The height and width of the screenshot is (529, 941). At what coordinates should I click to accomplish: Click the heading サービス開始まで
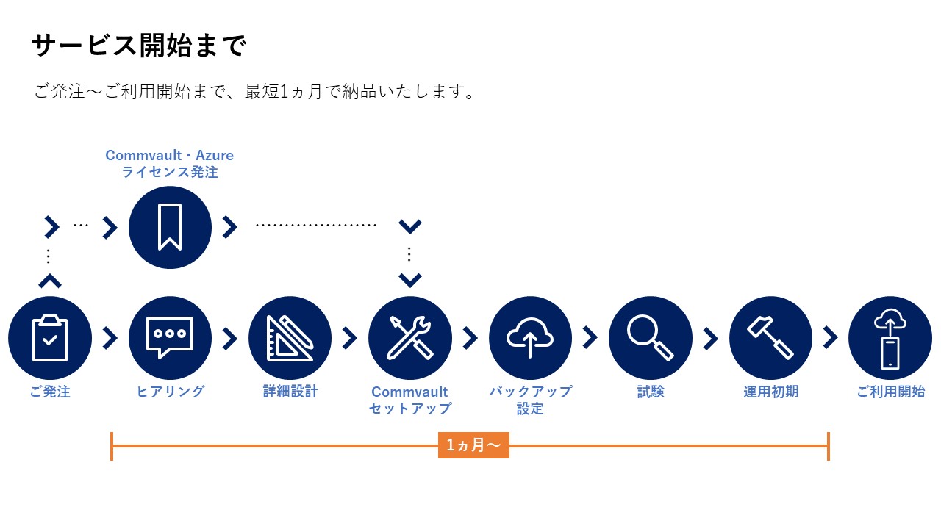pyautogui.click(x=139, y=46)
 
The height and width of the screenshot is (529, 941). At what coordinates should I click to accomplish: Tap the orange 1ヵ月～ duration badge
pyautogui.click(x=473, y=445)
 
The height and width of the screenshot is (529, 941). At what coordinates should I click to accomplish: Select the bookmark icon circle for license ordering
pyautogui.click(x=170, y=228)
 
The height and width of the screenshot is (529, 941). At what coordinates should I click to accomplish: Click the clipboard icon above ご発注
pyautogui.click(x=49, y=338)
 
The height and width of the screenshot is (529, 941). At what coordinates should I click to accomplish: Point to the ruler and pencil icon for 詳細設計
pyautogui.click(x=290, y=338)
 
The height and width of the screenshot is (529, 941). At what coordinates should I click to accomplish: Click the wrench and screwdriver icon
pyautogui.click(x=410, y=338)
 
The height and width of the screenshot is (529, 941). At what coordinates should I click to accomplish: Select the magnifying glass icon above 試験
pyautogui.click(x=651, y=338)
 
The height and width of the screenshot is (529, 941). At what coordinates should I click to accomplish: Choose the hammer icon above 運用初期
pyautogui.click(x=770, y=338)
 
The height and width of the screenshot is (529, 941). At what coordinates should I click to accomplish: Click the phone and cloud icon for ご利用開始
pyautogui.click(x=890, y=338)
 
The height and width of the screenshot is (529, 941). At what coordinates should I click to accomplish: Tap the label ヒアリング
pyautogui.click(x=170, y=392)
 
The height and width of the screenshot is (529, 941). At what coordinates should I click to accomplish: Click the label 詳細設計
pyautogui.click(x=290, y=392)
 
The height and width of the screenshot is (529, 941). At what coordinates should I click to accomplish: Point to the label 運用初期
pyautogui.click(x=771, y=392)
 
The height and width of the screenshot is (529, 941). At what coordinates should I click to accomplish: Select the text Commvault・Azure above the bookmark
pyautogui.click(x=169, y=155)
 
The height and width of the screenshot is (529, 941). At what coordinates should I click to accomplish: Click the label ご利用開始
pyautogui.click(x=890, y=392)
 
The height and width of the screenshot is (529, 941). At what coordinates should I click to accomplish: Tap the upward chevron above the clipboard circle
pyautogui.click(x=50, y=281)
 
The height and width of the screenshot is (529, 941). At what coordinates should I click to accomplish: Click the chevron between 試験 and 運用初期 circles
pyautogui.click(x=711, y=339)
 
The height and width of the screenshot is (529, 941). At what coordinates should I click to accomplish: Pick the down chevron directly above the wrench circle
pyautogui.click(x=410, y=280)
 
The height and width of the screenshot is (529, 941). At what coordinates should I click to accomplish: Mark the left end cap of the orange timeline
pyautogui.click(x=112, y=446)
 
